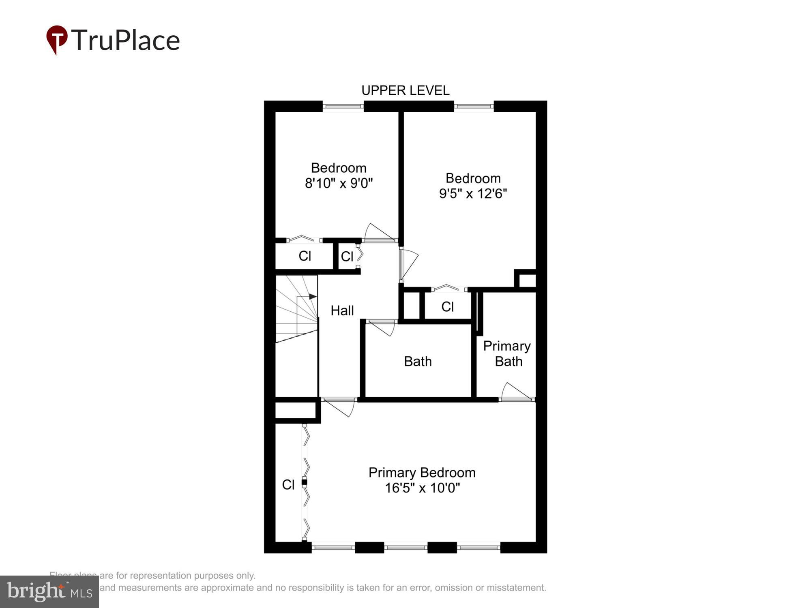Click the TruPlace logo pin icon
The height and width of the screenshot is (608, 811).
point(57,39)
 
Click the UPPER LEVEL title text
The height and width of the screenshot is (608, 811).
point(405,90)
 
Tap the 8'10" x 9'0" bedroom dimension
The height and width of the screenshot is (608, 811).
point(339,183)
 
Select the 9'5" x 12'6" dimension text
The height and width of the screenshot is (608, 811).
point(473,194)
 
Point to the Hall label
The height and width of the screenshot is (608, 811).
point(342,310)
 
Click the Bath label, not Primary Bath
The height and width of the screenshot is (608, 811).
point(418,361)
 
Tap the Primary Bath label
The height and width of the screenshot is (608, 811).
point(507,353)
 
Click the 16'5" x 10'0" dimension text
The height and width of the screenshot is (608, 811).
point(422,488)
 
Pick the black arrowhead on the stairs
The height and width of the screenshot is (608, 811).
point(313,297)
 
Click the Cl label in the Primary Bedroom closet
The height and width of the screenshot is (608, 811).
point(288,484)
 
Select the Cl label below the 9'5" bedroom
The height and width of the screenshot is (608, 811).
point(447,307)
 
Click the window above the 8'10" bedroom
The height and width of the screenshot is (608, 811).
point(343,107)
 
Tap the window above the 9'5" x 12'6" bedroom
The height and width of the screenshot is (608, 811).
point(474,107)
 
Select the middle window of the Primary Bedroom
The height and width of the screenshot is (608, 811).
point(405,548)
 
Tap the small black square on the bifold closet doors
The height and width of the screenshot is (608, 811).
point(304,482)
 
